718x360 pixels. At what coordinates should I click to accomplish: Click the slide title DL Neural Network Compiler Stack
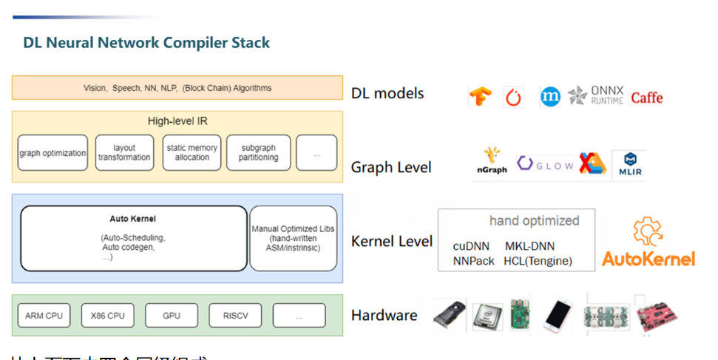(146, 42)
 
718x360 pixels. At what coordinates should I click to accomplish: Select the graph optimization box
(52, 153)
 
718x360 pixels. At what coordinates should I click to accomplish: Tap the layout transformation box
(124, 153)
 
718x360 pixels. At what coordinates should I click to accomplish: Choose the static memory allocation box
(192, 153)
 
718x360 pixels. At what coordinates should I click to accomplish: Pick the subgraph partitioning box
(258, 153)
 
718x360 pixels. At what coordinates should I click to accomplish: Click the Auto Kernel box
(134, 238)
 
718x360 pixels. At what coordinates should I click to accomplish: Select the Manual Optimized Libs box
(294, 238)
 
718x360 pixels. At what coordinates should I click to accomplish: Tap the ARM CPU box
(44, 316)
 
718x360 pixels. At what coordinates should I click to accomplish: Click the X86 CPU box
(108, 316)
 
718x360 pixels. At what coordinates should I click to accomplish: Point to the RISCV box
(235, 316)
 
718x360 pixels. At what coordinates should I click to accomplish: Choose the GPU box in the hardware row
(172, 316)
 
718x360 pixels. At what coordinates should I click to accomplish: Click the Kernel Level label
(392, 241)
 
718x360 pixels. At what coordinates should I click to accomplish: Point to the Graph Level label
(391, 167)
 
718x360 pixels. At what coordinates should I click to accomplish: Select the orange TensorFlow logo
(481, 97)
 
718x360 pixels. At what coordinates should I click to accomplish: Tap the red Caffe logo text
(647, 97)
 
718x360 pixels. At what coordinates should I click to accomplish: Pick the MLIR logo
(631, 165)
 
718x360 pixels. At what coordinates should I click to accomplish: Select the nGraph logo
(492, 161)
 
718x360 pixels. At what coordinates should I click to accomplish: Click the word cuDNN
(473, 246)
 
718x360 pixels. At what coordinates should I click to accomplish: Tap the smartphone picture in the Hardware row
(559, 315)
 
